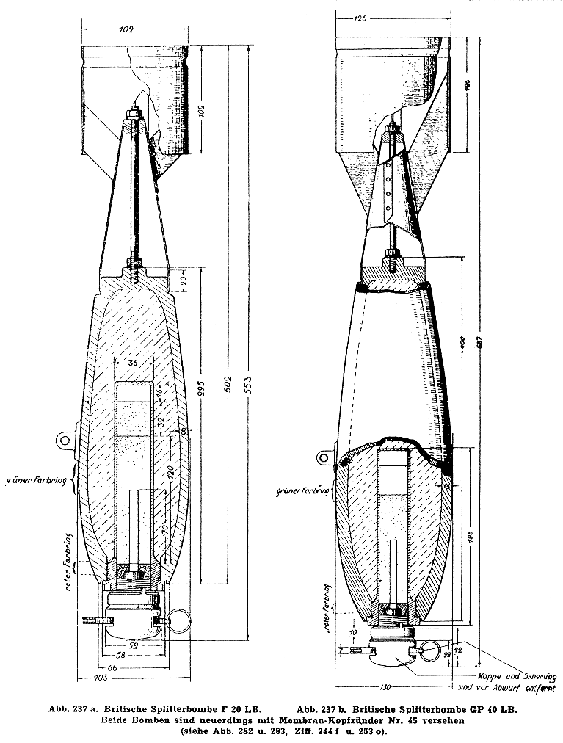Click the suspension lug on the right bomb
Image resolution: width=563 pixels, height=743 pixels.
(x=325, y=457)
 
